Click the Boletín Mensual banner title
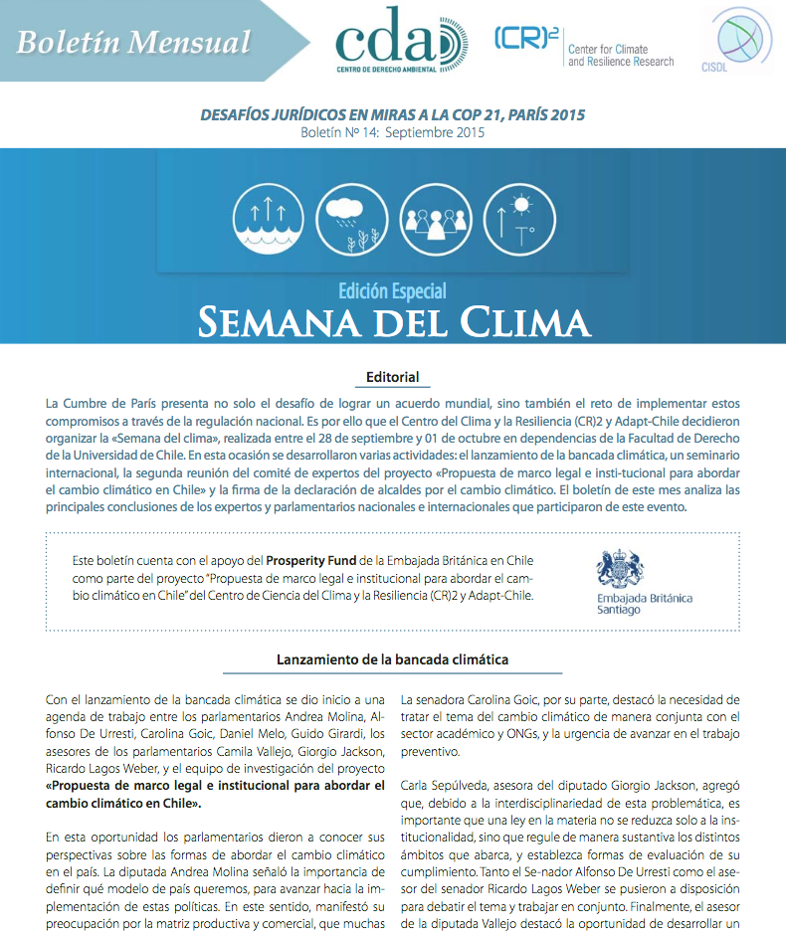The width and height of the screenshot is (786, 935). (x=133, y=43)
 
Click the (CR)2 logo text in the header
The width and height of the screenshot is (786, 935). (x=524, y=39)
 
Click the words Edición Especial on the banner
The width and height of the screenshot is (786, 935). (x=392, y=290)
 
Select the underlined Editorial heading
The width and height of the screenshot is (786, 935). (x=392, y=377)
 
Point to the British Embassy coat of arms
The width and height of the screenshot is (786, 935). (x=619, y=569)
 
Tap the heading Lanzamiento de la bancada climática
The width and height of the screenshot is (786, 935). (x=392, y=659)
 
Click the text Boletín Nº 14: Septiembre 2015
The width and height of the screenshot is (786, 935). (x=392, y=132)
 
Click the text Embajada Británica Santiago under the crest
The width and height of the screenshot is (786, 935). (x=644, y=603)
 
